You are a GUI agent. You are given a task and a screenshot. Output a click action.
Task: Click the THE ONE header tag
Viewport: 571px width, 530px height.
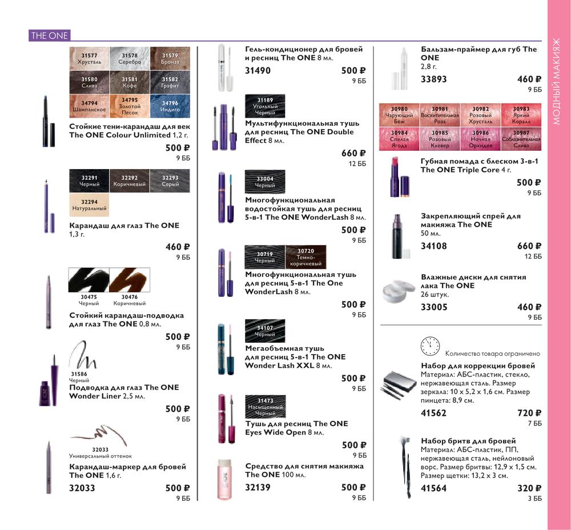(x=49, y=35)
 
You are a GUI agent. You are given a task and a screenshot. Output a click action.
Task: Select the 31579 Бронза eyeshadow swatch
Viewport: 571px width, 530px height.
(x=170, y=58)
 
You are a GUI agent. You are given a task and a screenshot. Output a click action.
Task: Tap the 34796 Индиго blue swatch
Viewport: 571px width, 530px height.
(x=170, y=106)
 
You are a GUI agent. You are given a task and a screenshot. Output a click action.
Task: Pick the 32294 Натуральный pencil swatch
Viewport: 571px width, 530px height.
(x=89, y=204)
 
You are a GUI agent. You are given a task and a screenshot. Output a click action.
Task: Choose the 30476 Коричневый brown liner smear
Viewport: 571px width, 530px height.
(x=129, y=280)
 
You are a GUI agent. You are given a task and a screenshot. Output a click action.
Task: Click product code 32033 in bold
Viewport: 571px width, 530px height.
(x=82, y=488)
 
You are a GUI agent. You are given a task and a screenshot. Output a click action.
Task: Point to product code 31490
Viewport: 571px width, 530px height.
(x=258, y=70)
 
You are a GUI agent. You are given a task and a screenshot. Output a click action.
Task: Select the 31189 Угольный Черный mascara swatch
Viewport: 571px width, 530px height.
(x=265, y=106)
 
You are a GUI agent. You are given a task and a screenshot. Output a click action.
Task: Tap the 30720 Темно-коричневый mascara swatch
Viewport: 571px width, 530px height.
(x=306, y=257)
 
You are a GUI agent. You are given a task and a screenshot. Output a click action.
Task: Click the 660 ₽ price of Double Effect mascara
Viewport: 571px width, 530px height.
(x=353, y=154)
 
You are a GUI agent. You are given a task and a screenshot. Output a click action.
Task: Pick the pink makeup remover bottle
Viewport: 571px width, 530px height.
(x=223, y=479)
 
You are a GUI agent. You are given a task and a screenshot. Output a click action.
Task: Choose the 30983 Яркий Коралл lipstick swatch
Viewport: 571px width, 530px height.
(x=521, y=115)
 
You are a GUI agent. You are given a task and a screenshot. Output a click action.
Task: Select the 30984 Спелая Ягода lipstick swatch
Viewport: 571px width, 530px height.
(x=399, y=139)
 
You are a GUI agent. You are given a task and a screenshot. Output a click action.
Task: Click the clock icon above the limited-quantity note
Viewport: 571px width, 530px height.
(x=430, y=346)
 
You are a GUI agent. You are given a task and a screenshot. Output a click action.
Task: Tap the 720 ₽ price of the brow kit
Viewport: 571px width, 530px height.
(x=529, y=413)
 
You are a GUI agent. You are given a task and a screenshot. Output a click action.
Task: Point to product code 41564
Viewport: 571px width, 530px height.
(x=433, y=488)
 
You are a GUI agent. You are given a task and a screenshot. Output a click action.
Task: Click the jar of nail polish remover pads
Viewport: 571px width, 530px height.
(x=399, y=291)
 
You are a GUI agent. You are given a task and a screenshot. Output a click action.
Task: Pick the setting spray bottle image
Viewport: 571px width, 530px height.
(x=398, y=236)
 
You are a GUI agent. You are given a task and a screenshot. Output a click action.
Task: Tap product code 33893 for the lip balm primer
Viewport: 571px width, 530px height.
(x=433, y=79)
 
